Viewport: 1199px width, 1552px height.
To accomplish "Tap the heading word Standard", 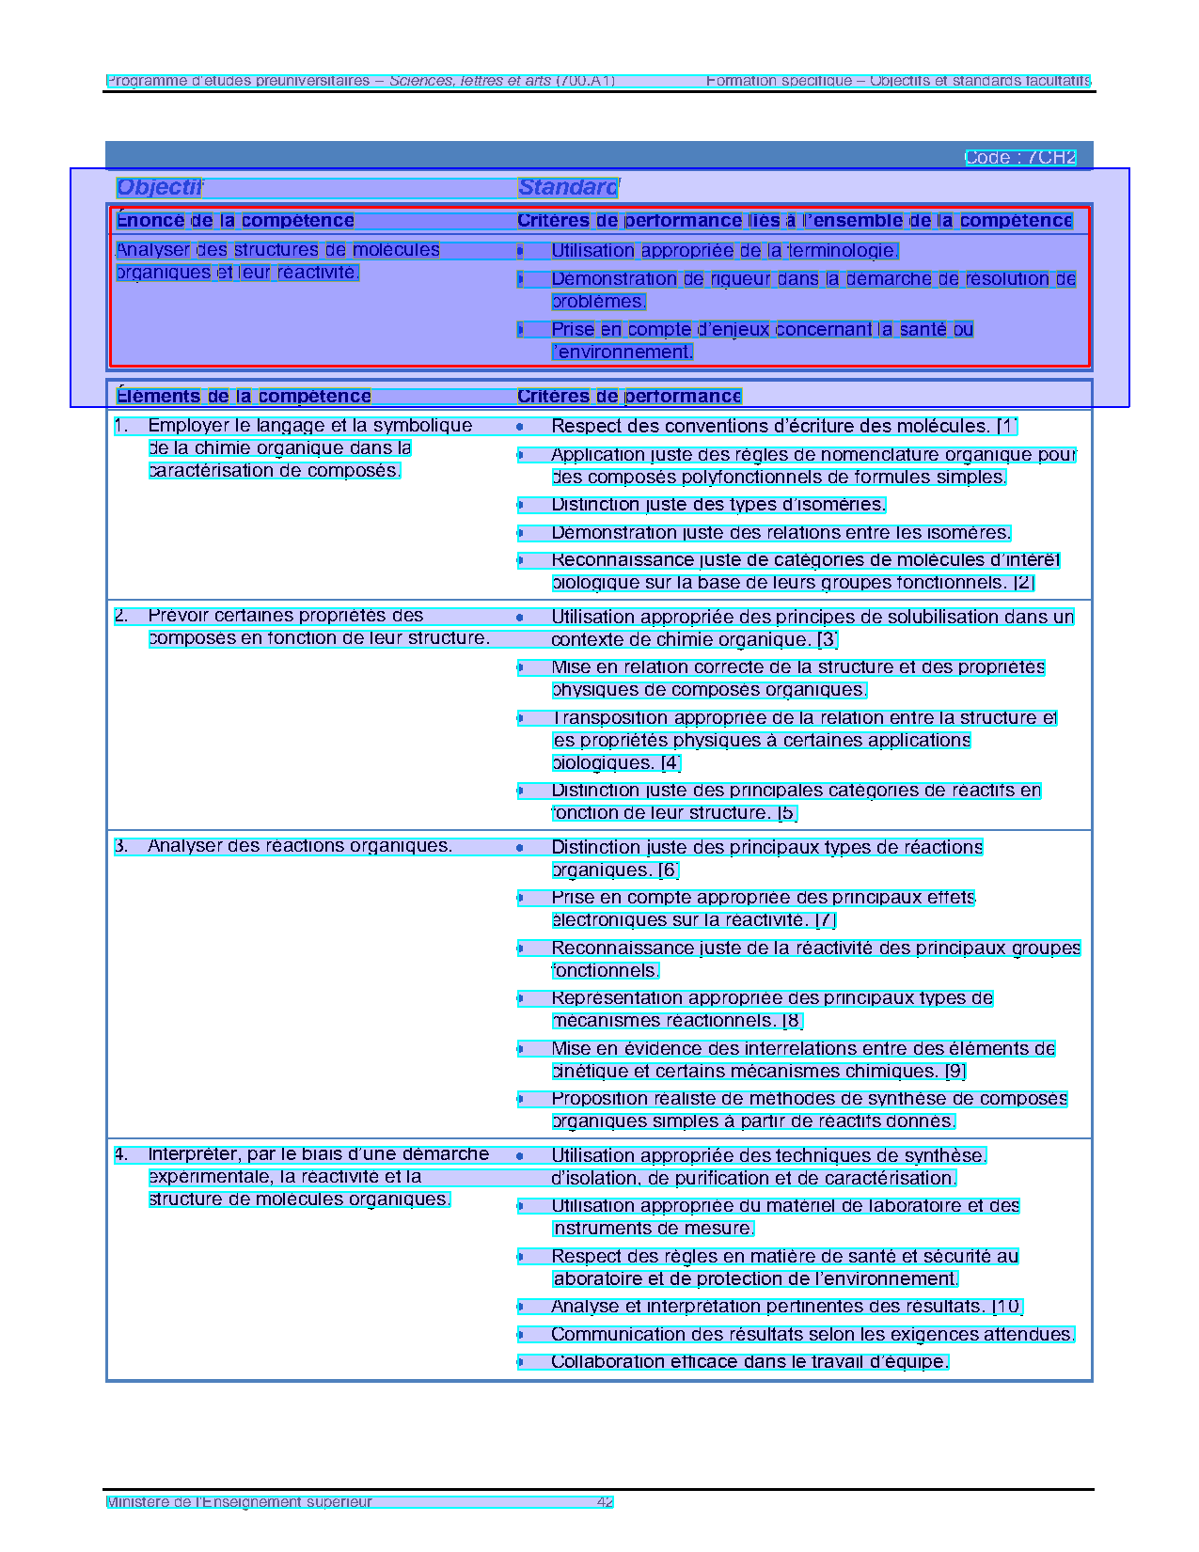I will (568, 187).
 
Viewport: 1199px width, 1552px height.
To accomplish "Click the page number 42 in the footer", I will (605, 1502).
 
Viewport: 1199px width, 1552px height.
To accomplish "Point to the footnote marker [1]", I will (1007, 426).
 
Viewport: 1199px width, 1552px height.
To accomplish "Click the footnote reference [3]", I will (828, 640).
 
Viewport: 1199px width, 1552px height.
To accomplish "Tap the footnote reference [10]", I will (1007, 1307).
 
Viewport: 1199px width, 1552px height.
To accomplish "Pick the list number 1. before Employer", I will (121, 426).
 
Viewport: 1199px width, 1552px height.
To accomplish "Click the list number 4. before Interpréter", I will (121, 1154).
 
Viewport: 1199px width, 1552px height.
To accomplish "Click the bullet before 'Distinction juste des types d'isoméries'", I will (520, 505).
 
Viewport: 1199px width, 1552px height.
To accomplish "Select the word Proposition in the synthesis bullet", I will (594, 1099).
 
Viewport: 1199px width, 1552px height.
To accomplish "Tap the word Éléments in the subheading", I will (158, 397).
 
